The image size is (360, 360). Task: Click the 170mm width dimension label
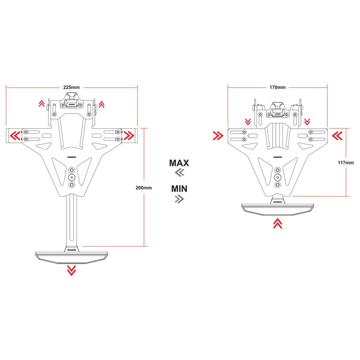click(x=277, y=87)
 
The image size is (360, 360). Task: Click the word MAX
click(x=179, y=162)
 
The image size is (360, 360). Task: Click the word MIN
click(x=179, y=188)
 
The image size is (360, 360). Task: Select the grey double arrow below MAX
click(x=179, y=173)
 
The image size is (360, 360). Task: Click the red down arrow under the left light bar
click(x=71, y=270)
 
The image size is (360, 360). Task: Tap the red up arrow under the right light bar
click(x=278, y=223)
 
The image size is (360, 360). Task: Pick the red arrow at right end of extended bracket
click(x=129, y=135)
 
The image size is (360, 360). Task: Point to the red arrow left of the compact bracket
click(x=218, y=135)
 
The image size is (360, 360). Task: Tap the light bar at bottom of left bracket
click(x=71, y=256)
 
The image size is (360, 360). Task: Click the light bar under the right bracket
click(x=278, y=208)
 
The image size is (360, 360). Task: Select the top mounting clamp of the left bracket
click(x=71, y=101)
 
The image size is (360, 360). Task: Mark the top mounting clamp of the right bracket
click(x=278, y=109)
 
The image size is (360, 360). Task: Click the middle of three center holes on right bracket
click(x=278, y=177)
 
